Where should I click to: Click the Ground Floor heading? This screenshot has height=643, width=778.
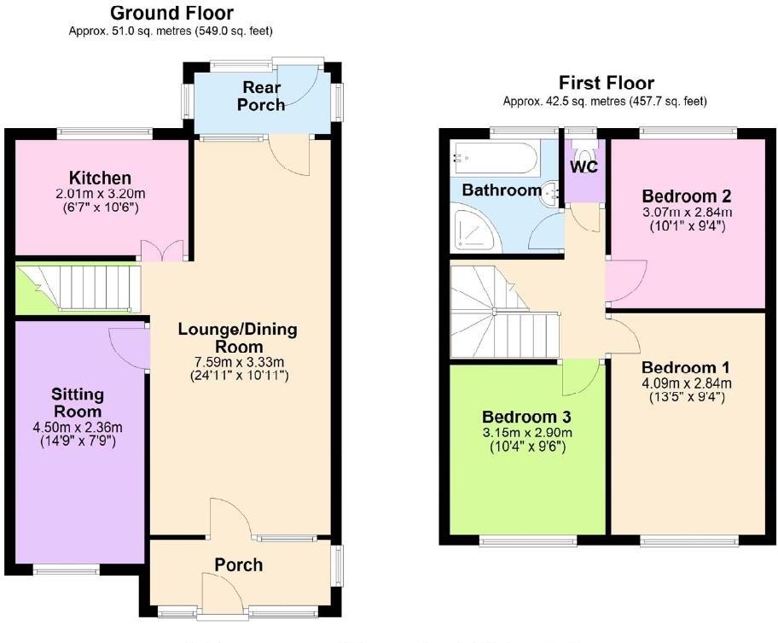point(171,13)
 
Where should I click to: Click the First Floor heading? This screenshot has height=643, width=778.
point(607,83)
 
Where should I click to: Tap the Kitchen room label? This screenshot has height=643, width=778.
point(101,178)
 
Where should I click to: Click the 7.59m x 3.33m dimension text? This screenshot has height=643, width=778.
point(238,361)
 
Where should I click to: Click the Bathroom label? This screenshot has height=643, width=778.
point(502,190)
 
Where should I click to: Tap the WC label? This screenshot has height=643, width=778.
point(584,164)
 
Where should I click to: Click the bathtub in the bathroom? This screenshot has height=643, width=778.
point(496,158)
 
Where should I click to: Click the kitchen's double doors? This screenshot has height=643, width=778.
point(161,250)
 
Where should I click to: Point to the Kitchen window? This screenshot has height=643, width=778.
point(105,133)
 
